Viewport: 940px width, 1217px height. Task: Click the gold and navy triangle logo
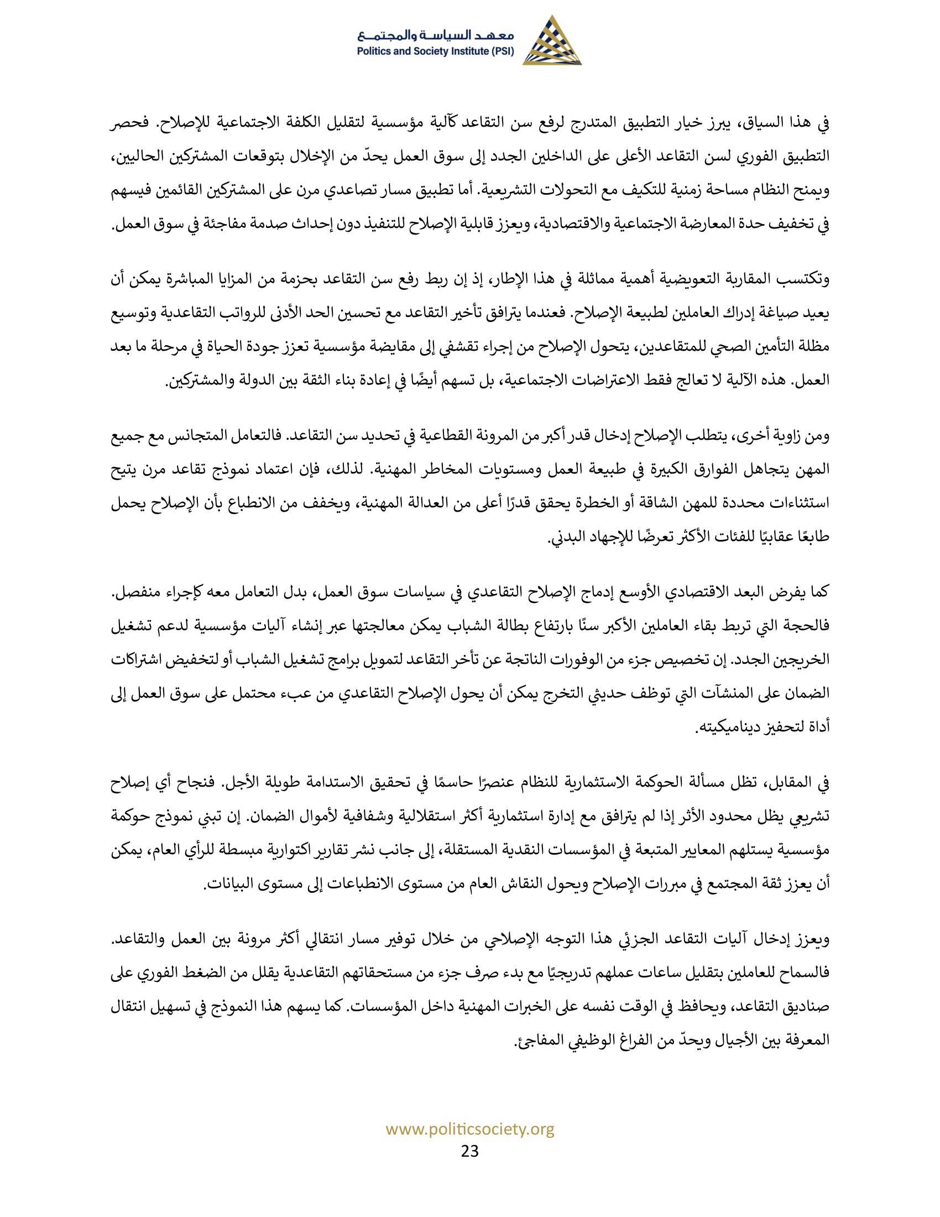click(551, 41)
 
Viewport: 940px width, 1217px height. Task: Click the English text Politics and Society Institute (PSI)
click(436, 52)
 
